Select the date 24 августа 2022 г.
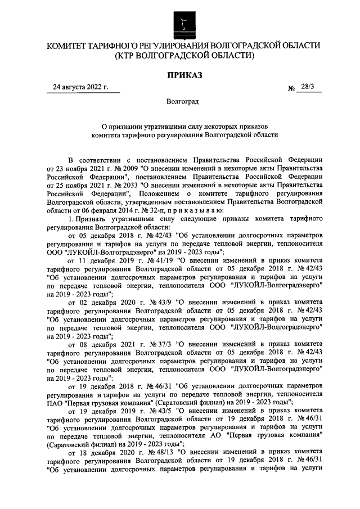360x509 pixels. coord(79,87)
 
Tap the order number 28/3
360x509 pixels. coord(308,87)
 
